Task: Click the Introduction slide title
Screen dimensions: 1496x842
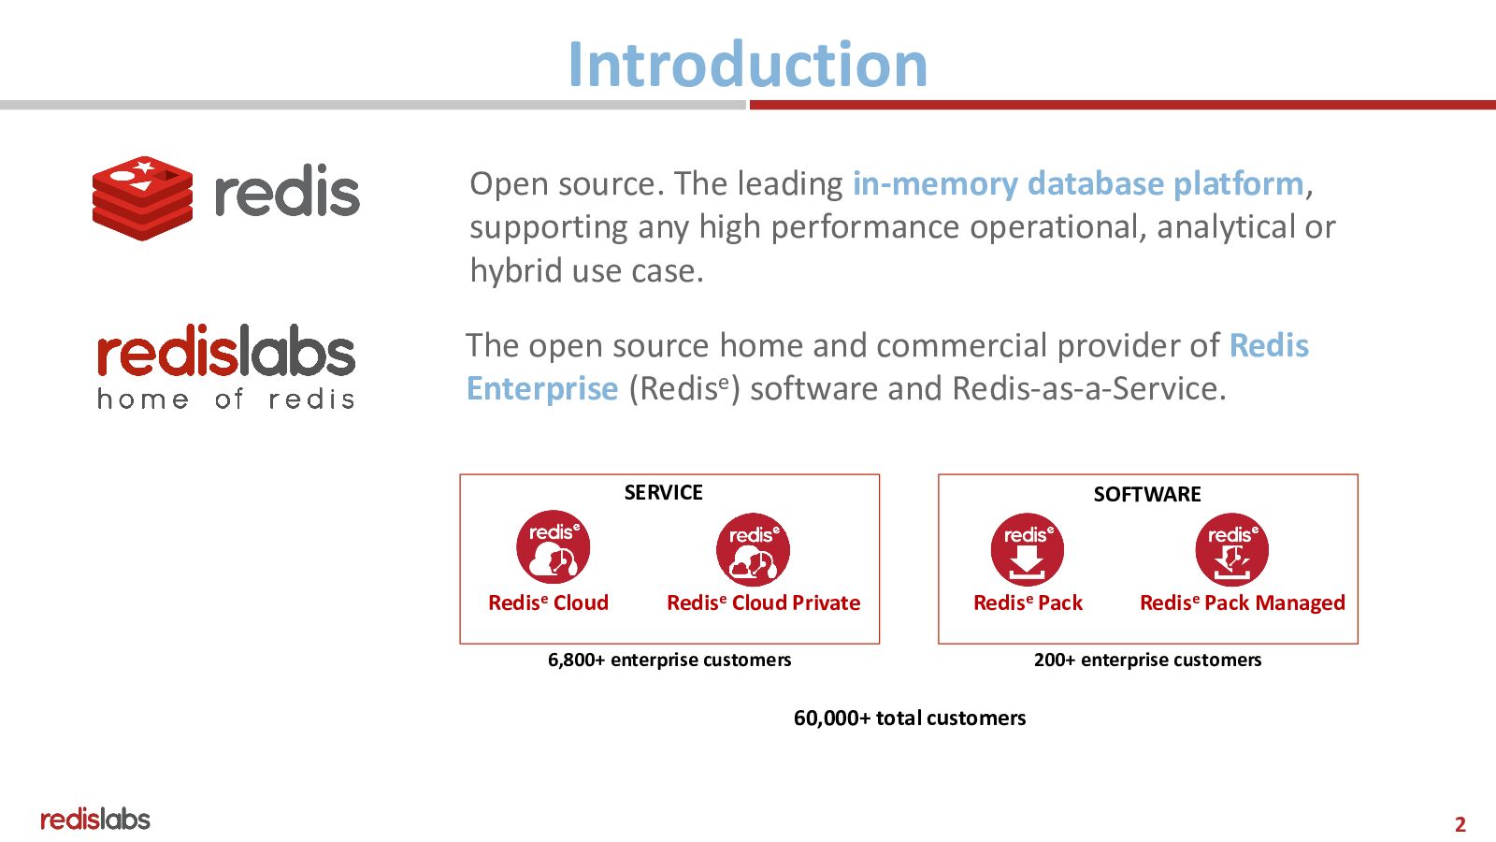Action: click(747, 65)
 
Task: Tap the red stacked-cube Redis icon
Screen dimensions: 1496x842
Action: click(142, 197)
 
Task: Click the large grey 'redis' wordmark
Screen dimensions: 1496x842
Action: click(287, 193)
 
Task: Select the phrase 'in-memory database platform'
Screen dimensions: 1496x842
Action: click(1077, 183)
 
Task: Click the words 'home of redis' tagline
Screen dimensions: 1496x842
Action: click(226, 399)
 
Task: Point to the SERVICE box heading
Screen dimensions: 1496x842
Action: click(663, 492)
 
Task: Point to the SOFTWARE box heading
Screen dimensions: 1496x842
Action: click(1147, 494)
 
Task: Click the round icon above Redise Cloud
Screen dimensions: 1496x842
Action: click(554, 547)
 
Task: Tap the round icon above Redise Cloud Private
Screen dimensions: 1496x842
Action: click(753, 549)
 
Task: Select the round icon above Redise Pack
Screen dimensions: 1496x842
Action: click(1027, 549)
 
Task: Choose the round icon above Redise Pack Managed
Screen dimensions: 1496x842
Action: click(1231, 549)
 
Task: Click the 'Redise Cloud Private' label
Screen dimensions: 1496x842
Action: click(763, 602)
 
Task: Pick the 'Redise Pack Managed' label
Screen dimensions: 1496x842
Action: click(1242, 602)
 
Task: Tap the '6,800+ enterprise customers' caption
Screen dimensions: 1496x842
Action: click(669, 660)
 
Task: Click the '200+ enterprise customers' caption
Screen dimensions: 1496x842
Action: click(1147, 660)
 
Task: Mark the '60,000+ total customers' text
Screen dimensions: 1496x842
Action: click(910, 718)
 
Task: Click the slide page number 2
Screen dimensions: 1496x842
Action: click(1460, 824)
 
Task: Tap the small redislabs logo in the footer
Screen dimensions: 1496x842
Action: click(94, 820)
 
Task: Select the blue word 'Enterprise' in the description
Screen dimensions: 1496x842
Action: click(542, 388)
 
